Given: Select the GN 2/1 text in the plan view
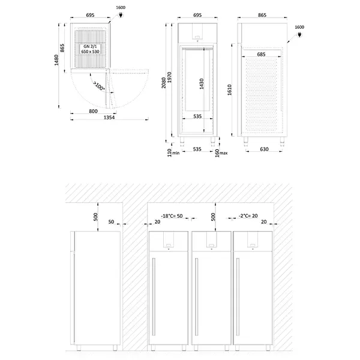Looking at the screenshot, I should pyautogui.click(x=91, y=46).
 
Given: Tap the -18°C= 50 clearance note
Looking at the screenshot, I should pyautogui.click(x=172, y=215).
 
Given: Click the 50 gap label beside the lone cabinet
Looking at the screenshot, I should pyautogui.click(x=112, y=221).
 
